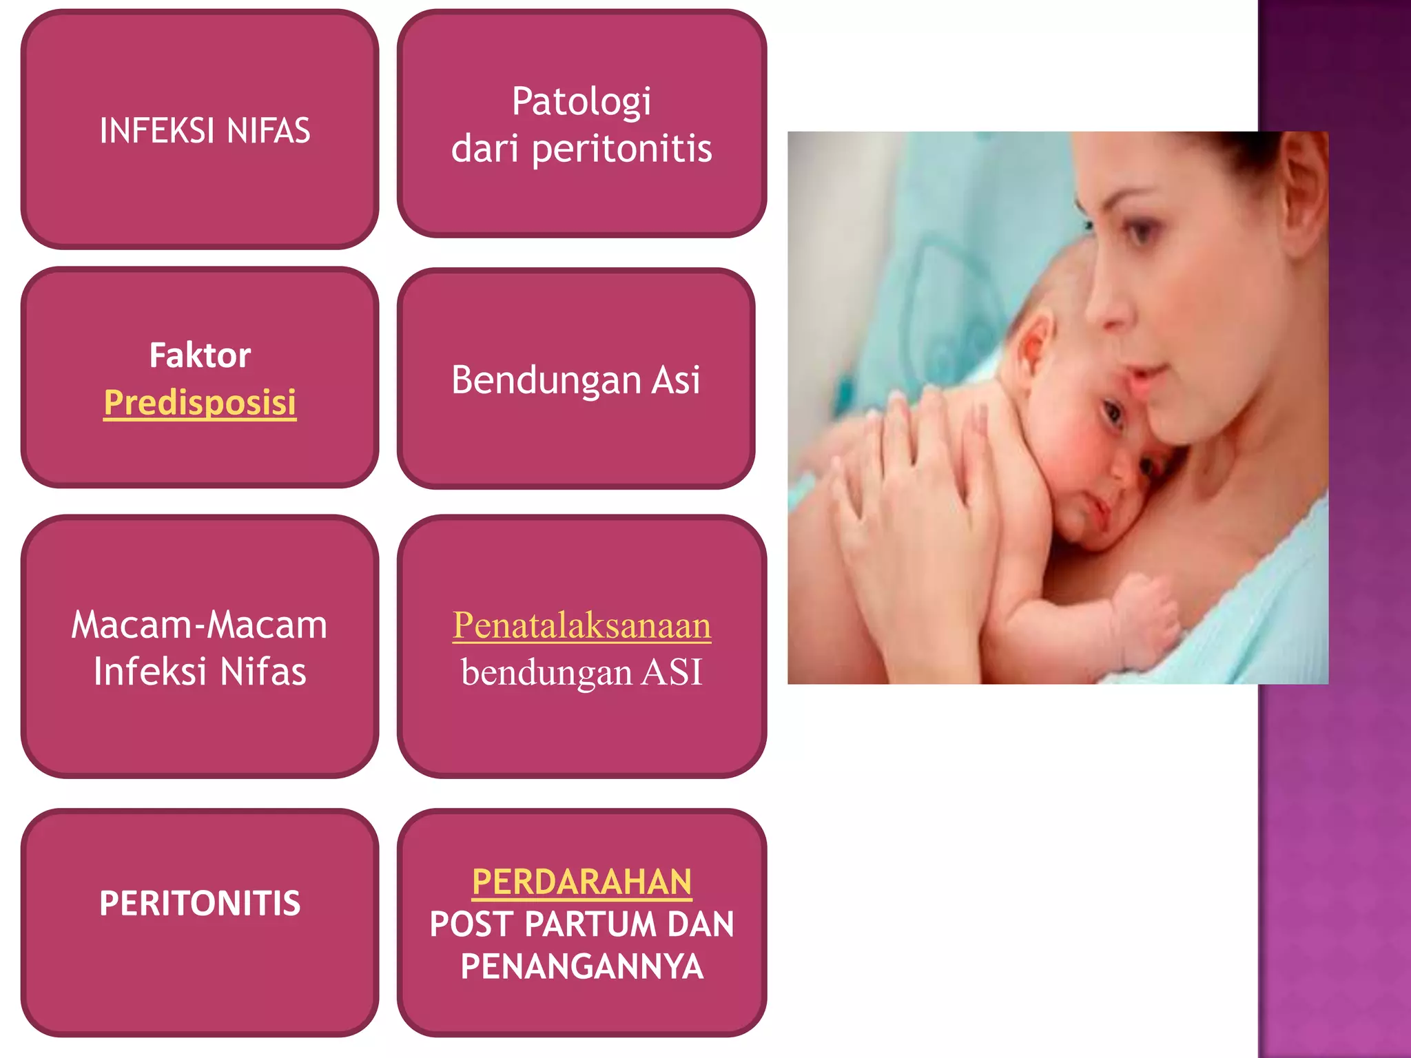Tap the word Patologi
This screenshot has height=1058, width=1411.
(581, 102)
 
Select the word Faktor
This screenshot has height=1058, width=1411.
(200, 355)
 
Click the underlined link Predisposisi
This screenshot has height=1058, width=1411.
(200, 402)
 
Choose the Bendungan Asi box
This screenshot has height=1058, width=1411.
(576, 379)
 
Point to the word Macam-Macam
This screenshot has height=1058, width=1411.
(199, 625)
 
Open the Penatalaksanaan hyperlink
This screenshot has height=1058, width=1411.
(581, 625)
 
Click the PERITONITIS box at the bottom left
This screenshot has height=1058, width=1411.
(200, 903)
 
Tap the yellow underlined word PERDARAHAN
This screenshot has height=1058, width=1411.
(581, 882)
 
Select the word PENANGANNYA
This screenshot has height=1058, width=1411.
(581, 966)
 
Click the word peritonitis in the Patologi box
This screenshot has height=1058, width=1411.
(621, 149)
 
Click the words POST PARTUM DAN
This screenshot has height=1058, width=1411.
(581, 924)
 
